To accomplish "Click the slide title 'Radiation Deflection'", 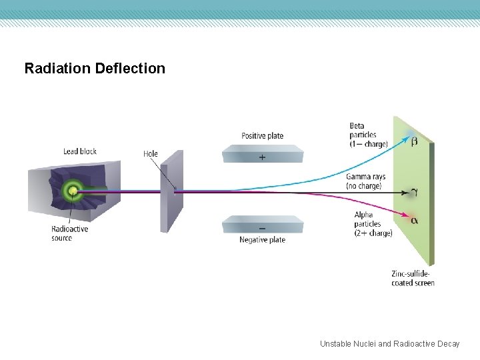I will pos(95,69).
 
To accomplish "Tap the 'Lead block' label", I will pos(80,151).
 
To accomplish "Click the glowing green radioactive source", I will pos(71,192).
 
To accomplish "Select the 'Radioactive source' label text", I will pos(69,233).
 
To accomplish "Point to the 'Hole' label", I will pos(151,154).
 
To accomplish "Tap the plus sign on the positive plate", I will pos(262,158).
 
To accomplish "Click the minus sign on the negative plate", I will pos(262,228).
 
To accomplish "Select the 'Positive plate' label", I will pos(262,136).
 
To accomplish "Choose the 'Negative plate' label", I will pos(262,240).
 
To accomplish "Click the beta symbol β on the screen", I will pos(414,141).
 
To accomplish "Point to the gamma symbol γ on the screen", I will pos(414,192).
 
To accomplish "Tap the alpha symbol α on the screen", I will pos(414,220).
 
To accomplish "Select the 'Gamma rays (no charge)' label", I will pos(365,181).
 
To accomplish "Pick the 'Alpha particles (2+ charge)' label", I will pos(373,224).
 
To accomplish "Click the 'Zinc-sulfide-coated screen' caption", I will pos(413,278).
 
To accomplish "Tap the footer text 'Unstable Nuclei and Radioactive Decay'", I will pos(389,344).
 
